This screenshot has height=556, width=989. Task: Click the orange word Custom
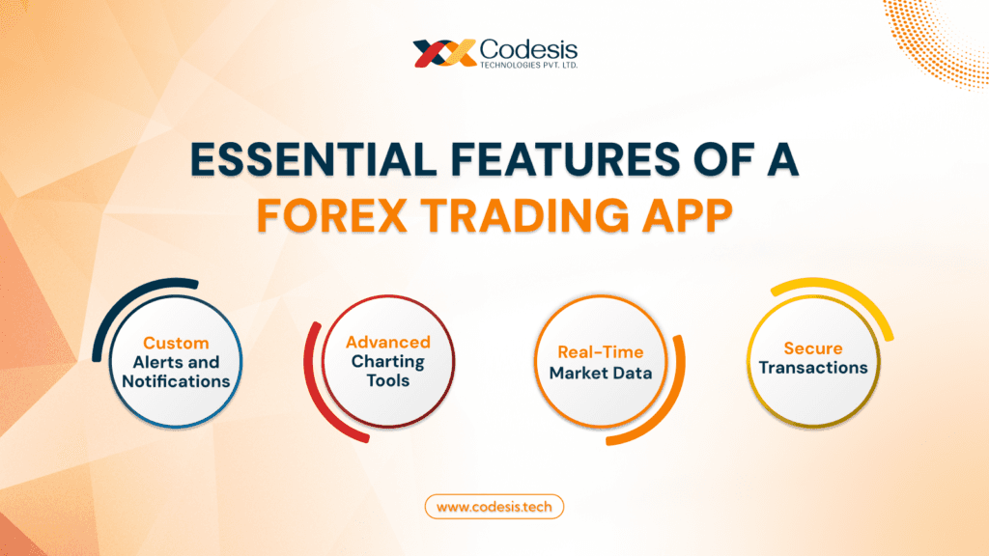(176, 343)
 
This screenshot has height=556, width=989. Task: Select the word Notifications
(176, 381)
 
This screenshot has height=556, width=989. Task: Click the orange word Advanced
(388, 343)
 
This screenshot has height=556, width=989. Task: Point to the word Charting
(388, 362)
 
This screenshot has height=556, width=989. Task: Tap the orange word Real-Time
(601, 352)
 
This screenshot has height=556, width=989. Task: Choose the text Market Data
(601, 373)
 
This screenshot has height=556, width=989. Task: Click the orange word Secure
(813, 348)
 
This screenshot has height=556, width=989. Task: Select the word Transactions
(813, 368)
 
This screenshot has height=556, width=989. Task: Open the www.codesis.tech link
(494, 506)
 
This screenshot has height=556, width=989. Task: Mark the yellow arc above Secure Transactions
(850, 294)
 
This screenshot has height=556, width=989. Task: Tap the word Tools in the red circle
(388, 381)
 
